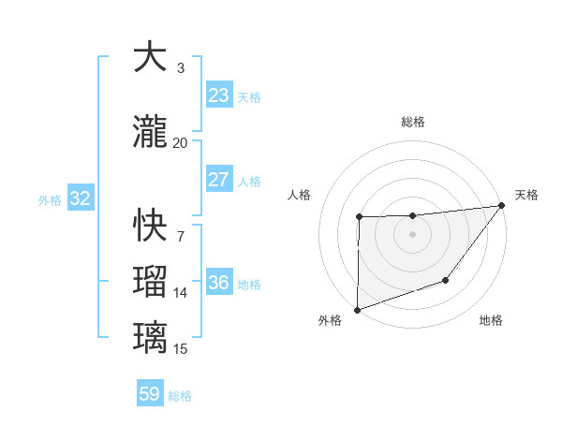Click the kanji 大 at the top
coord(150,58)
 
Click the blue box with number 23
coord(218,95)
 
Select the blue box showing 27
coord(218,180)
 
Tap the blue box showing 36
coord(218,283)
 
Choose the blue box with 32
coord(80,198)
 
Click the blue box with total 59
coord(149,394)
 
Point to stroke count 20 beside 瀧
coord(180,142)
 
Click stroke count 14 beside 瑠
coord(180,293)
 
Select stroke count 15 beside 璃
coord(180,349)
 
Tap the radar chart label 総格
coord(413,122)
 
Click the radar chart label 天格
coord(526,195)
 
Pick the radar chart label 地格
coord(491,321)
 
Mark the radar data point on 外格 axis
coord(357,309)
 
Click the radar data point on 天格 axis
coord(501,205)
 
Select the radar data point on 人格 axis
coord(359,217)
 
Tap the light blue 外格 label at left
coord(49,199)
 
